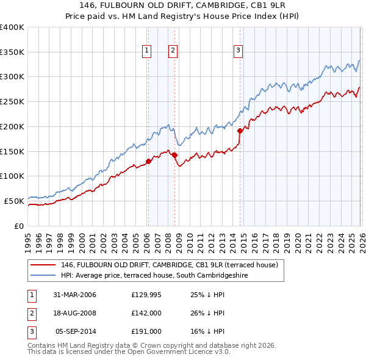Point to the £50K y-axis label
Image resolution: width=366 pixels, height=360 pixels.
[14, 201]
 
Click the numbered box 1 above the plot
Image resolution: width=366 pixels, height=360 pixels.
[148, 51]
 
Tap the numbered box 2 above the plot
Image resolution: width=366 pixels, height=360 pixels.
[173, 51]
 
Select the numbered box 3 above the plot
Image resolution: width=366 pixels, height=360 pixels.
[238, 51]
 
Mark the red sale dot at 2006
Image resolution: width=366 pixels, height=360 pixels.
[148, 162]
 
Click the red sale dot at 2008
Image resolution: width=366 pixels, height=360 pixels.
[174, 155]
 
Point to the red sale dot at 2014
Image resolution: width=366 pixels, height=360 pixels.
[240, 131]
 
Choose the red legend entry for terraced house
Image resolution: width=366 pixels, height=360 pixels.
[170, 265]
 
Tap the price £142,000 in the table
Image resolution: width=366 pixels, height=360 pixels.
[146, 313]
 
